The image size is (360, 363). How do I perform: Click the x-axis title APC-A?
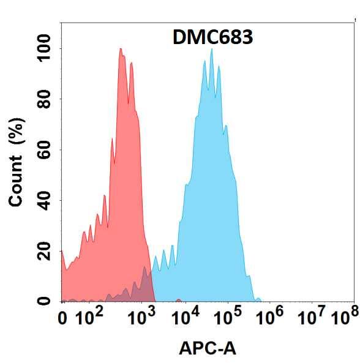pos(207,349)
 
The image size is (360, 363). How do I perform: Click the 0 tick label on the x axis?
pos(62,318)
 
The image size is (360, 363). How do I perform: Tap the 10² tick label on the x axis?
pos(89,317)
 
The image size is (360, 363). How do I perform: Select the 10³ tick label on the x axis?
pos(142,317)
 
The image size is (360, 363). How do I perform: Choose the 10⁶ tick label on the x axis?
pos(271,317)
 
